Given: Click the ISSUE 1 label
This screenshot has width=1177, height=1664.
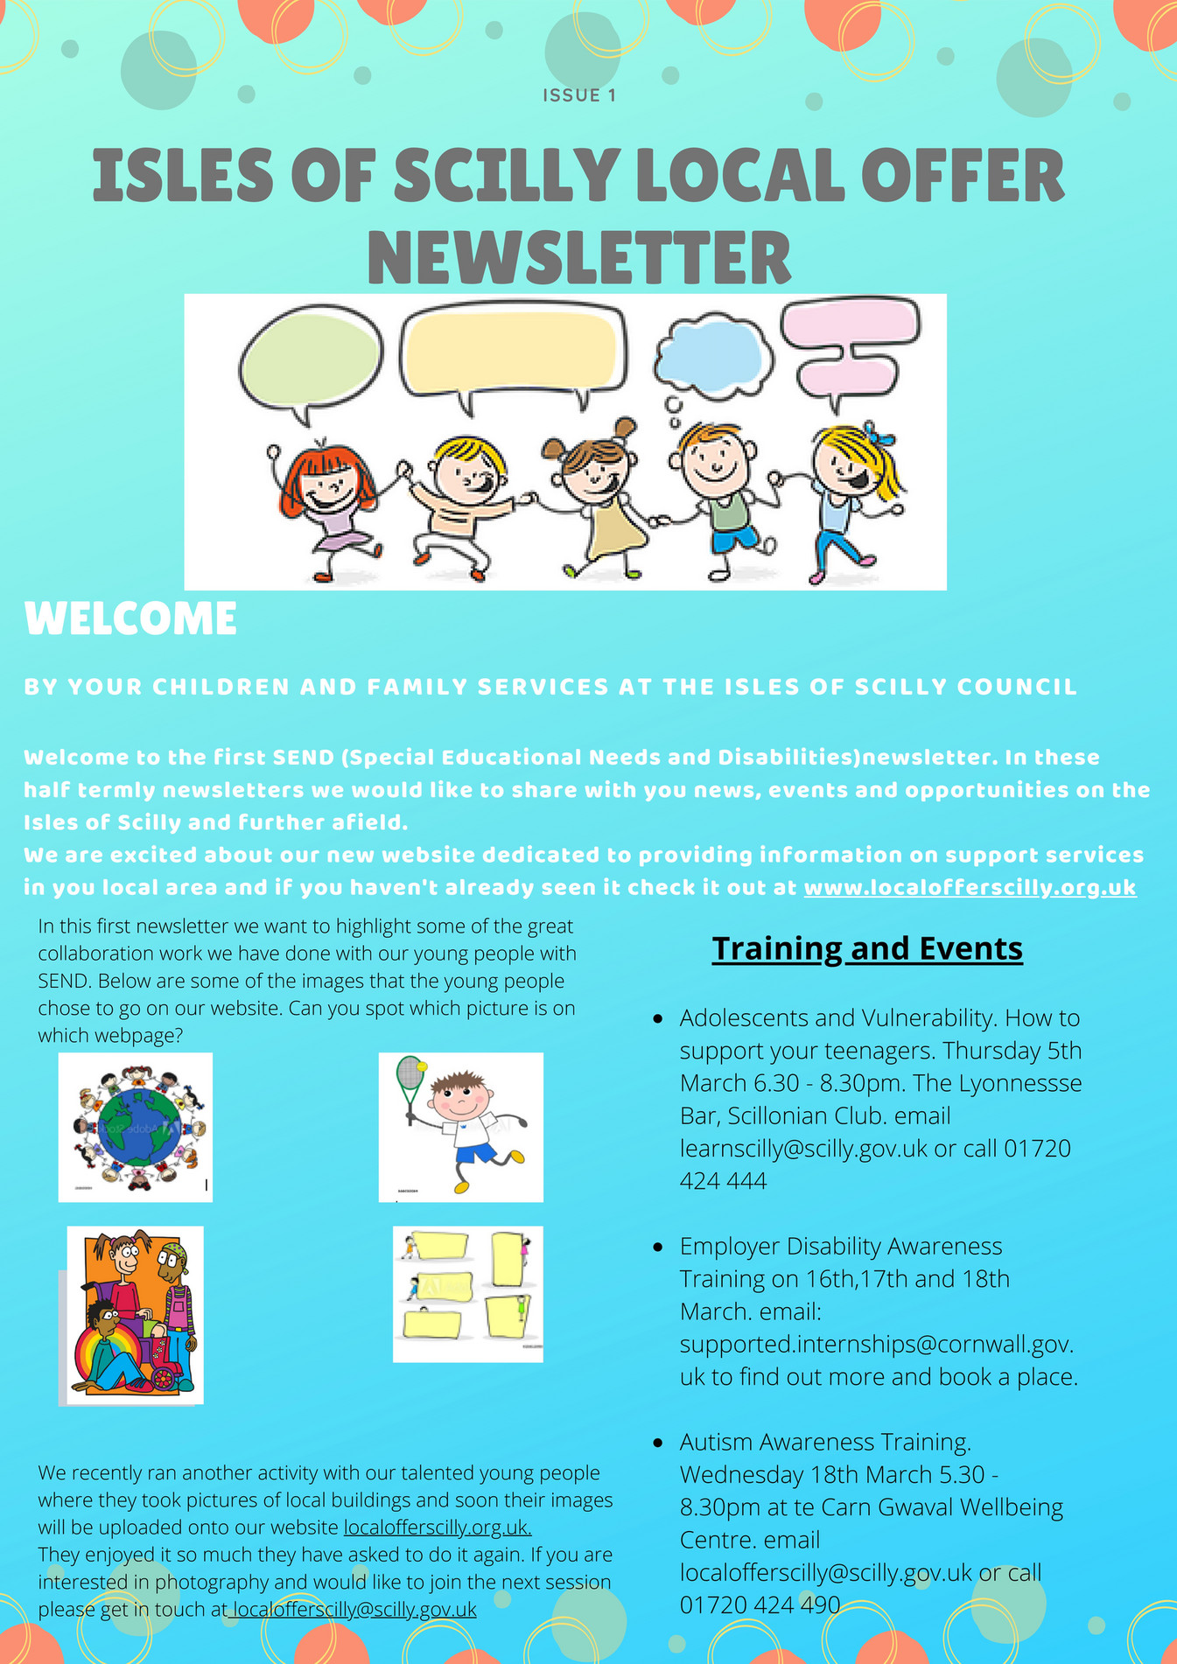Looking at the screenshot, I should click(x=579, y=95).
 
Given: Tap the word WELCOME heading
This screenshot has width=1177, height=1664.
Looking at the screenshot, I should click(x=130, y=619).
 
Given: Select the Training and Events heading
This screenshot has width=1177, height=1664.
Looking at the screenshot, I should click(x=866, y=948).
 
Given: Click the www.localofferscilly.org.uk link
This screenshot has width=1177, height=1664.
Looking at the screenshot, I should click(x=970, y=887).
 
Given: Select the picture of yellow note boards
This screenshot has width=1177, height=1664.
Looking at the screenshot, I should click(x=467, y=1294).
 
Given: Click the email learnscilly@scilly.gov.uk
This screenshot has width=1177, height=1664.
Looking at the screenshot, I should click(x=802, y=1149).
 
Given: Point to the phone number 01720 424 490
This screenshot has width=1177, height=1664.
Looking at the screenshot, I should click(x=760, y=1605).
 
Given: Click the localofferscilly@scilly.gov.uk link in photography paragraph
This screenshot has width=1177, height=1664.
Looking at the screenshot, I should click(x=354, y=1609).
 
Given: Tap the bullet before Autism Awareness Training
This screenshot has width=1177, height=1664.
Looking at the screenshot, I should click(x=658, y=1443).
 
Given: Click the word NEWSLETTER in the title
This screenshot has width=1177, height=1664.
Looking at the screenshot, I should click(x=578, y=257).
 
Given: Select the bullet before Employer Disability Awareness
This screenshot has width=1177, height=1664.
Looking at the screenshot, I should click(x=658, y=1247).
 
